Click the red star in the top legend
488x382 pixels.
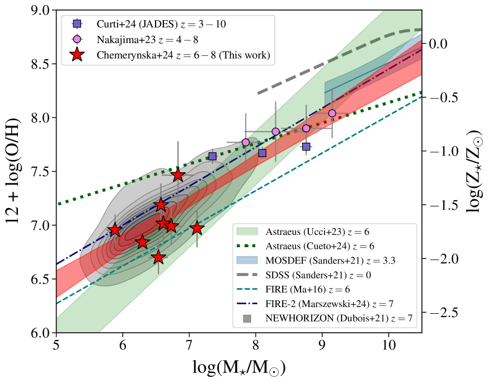(x=78, y=55)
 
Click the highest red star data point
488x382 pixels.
(x=178, y=175)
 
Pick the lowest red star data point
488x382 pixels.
(x=158, y=257)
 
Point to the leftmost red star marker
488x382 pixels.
(x=115, y=230)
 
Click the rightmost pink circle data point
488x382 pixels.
(x=332, y=114)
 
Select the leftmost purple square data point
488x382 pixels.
(x=212, y=156)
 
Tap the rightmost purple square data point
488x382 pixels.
(x=306, y=147)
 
